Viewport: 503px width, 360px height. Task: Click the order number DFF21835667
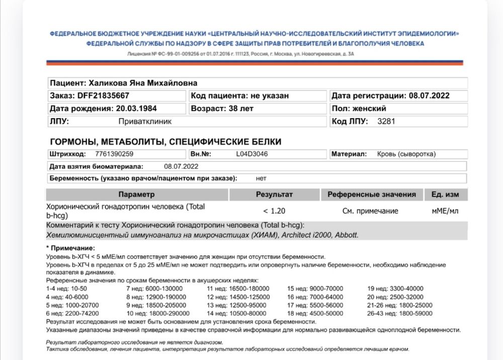coord(103,96)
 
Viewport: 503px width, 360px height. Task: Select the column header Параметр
coord(136,194)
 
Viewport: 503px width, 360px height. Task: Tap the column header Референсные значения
coord(371,194)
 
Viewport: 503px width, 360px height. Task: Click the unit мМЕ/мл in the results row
coord(445,211)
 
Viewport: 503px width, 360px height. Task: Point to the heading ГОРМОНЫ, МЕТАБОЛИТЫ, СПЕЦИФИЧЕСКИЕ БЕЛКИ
coord(165,142)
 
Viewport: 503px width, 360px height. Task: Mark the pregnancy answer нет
coord(261,178)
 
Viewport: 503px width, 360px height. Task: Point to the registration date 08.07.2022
coord(429,96)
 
